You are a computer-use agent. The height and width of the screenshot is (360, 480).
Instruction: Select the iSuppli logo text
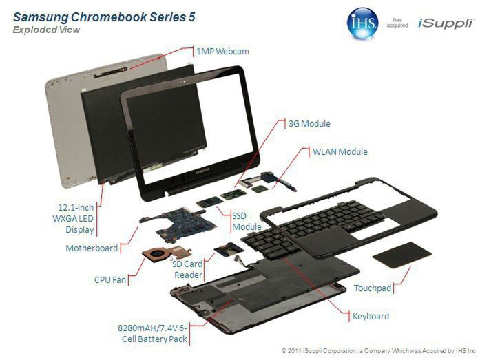click(446, 24)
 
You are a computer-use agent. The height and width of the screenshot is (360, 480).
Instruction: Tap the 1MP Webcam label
click(222, 52)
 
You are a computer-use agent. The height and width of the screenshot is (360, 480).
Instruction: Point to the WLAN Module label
click(340, 151)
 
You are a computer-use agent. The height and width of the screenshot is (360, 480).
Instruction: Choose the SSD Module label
click(247, 221)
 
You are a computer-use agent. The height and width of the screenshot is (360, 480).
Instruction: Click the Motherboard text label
click(92, 248)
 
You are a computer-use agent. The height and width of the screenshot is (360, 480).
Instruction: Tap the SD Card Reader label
click(188, 269)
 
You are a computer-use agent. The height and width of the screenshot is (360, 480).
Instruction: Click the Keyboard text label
click(371, 317)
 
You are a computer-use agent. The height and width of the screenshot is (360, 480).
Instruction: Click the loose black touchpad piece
click(401, 254)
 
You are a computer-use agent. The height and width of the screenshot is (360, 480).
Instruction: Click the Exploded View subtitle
click(46, 30)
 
